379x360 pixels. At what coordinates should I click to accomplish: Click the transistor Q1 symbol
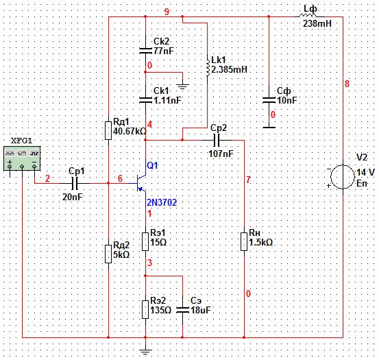(141, 183)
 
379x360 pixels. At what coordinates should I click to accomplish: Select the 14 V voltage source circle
(343, 177)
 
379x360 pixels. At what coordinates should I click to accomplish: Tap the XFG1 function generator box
(22, 158)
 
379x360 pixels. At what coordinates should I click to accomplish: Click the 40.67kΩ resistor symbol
(108, 131)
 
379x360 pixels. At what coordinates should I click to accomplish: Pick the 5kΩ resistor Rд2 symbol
(108, 254)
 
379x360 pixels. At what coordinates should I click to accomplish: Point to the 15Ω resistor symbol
(145, 241)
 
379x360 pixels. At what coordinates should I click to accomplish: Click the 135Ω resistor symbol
(145, 309)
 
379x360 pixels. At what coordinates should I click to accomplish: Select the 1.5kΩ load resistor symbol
(244, 241)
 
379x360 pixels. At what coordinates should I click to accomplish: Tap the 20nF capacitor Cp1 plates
(75, 183)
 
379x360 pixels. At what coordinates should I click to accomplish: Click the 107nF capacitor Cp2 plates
(217, 140)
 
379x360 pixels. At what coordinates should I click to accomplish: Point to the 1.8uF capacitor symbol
(182, 310)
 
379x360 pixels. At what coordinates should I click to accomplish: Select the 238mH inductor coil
(308, 15)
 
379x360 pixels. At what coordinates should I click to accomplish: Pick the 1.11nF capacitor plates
(145, 100)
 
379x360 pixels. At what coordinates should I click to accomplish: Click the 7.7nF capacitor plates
(145, 51)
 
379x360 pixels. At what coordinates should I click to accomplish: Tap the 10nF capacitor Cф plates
(269, 100)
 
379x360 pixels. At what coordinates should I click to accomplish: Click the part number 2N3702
(162, 202)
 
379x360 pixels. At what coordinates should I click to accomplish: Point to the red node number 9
(167, 12)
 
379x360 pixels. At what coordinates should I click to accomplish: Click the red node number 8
(347, 84)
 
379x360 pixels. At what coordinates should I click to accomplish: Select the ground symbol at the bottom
(145, 352)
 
